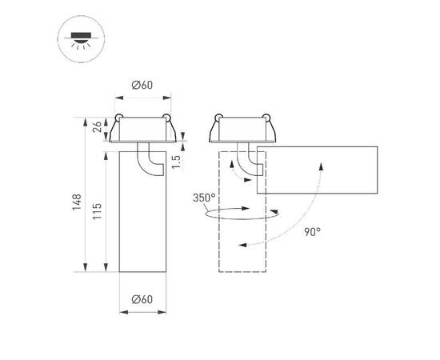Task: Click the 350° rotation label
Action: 203,197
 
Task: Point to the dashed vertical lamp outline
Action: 242,240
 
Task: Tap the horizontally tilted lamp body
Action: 320,170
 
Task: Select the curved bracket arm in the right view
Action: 253,158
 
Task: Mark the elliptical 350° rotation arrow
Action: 240,214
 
